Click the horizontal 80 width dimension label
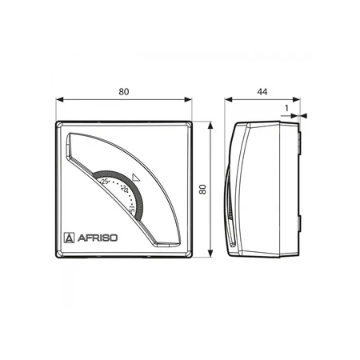124,92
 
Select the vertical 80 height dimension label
203,190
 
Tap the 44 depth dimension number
262,92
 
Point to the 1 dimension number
286,108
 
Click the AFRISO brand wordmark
98,238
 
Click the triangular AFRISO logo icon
70,238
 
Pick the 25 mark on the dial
105,182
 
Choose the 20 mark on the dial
125,188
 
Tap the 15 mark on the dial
131,210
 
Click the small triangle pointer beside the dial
136,178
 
